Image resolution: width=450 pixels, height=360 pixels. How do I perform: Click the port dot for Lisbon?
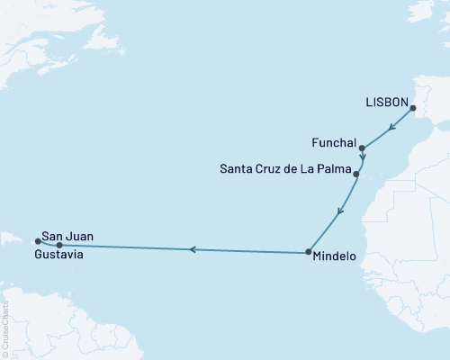(413, 110)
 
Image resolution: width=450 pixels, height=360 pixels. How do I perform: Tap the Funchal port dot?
(362, 148)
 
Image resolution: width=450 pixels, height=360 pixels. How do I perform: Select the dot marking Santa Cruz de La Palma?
(357, 174)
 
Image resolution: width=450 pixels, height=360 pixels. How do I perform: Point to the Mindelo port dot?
(308, 252)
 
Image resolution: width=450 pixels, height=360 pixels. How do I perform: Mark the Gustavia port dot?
(59, 245)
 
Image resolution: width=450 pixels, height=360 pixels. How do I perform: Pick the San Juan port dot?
(37, 240)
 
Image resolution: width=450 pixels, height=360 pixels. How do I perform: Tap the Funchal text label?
(333, 142)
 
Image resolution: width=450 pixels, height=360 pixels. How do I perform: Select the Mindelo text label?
(337, 256)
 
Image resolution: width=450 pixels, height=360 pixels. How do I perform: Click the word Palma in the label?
(332, 168)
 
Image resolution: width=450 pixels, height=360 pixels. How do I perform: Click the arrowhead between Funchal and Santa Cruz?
(361, 159)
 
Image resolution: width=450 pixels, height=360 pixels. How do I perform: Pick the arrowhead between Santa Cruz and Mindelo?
(338, 213)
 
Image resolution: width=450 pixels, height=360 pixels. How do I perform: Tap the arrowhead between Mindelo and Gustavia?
(190, 248)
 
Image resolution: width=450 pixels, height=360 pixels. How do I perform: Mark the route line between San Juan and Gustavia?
(48, 244)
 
